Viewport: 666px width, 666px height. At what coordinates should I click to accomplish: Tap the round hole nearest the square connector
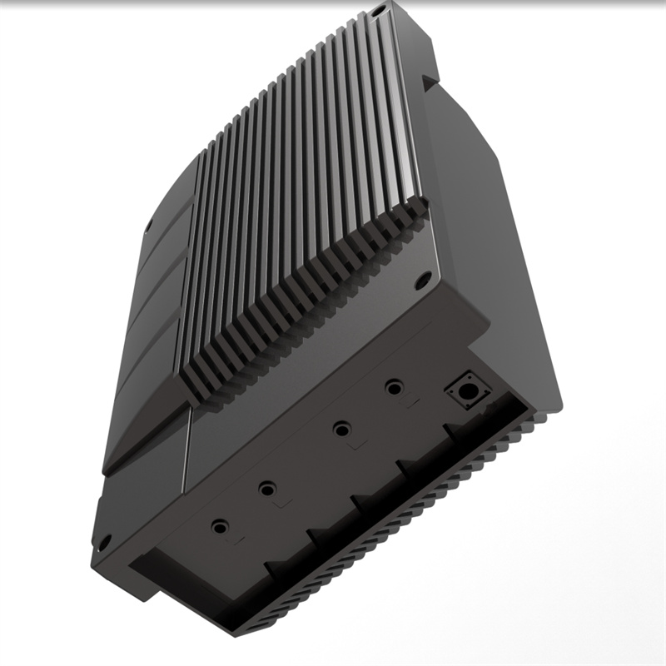393,387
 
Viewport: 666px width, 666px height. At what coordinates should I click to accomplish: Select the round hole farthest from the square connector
220,527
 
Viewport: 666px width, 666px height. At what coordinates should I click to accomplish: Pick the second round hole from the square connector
340,430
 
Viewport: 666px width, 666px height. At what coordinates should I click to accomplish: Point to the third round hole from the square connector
266,489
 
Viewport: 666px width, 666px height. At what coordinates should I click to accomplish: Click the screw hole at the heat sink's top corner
379,10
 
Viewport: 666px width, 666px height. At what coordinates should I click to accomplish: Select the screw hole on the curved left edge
147,225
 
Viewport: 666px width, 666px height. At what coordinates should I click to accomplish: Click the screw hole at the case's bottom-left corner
105,542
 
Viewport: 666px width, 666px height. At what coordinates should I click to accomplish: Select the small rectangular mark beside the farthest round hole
235,542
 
